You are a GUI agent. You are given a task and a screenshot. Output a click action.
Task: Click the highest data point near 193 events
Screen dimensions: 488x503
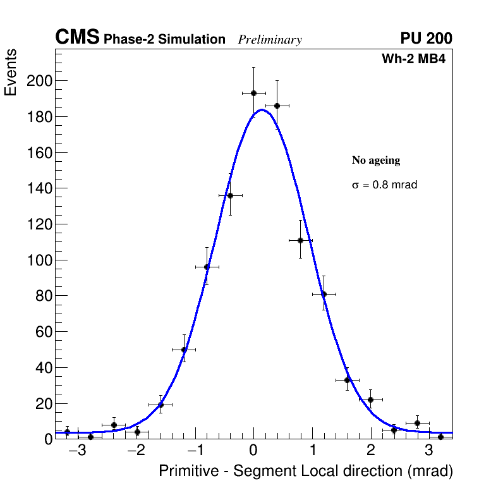pyautogui.click(x=253, y=93)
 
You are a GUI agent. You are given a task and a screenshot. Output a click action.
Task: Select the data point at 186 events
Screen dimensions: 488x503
pyautogui.click(x=277, y=106)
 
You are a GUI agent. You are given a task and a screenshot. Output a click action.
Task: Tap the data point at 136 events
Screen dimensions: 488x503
pyautogui.click(x=230, y=195)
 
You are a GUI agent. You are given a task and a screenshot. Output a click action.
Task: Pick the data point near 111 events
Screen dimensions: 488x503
pyautogui.click(x=300, y=240)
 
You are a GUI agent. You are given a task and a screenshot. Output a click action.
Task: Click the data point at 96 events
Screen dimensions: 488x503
pyautogui.click(x=207, y=267)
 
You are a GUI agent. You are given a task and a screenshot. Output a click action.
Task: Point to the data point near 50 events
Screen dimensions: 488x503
pyautogui.click(x=184, y=350)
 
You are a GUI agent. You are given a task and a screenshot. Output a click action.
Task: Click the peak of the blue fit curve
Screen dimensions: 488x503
pyautogui.click(x=262, y=110)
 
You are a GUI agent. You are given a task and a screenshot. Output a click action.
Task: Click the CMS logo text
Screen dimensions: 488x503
pyautogui.click(x=77, y=38)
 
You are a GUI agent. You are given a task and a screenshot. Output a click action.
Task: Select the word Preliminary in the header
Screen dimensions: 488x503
pyautogui.click(x=270, y=40)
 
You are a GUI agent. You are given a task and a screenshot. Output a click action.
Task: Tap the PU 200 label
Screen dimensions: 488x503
pyautogui.click(x=426, y=39)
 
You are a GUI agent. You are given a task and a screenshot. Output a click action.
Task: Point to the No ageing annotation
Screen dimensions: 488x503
pyautogui.click(x=376, y=161)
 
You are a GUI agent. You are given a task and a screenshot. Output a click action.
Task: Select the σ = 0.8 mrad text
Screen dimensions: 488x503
pyautogui.click(x=384, y=185)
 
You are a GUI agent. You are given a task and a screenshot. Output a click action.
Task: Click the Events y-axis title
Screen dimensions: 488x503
pyautogui.click(x=11, y=72)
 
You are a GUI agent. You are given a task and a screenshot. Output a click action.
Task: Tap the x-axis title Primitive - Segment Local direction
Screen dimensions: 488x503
pyautogui.click(x=306, y=471)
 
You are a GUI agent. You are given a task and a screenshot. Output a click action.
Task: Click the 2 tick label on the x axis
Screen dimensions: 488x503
pyautogui.click(x=370, y=451)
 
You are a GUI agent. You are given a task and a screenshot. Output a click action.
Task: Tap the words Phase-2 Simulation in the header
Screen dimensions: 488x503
pyautogui.click(x=164, y=40)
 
